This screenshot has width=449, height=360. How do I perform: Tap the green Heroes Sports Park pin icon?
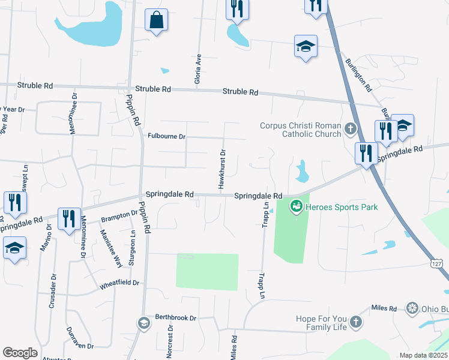[x=295, y=207]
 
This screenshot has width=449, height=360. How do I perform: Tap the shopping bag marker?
[x=156, y=20]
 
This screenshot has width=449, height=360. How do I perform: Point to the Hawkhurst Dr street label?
[x=221, y=170]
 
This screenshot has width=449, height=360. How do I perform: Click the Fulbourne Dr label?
[x=167, y=136]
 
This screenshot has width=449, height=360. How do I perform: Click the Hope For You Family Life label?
[x=321, y=323]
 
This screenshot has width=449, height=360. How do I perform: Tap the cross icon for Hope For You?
[x=355, y=323]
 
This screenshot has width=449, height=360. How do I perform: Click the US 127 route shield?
[x=438, y=263]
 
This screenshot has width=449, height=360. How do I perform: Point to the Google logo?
[x=20, y=352]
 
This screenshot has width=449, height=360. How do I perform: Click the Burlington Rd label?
[x=358, y=75]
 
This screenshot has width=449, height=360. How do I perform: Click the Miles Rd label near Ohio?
[x=384, y=308]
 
